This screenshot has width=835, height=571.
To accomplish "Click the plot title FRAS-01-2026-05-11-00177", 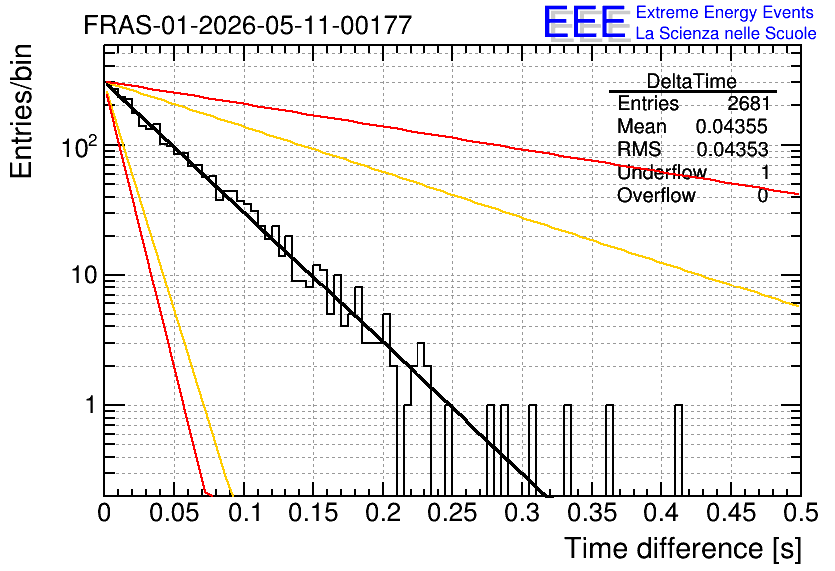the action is [x=248, y=25].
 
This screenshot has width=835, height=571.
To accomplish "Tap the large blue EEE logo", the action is [x=585, y=22].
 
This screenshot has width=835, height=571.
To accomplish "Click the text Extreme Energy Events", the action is [x=725, y=12].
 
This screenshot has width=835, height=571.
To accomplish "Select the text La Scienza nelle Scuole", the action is [x=726, y=33].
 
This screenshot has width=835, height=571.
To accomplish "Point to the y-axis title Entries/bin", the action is [x=21, y=111].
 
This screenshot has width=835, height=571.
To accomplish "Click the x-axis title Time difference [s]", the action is [x=683, y=549].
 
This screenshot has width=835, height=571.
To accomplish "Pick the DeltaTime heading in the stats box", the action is [x=692, y=81].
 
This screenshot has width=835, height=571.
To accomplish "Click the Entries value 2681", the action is [x=749, y=103].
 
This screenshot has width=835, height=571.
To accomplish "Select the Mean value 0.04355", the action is [x=732, y=126].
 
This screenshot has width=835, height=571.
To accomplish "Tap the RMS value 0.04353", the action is [x=732, y=149].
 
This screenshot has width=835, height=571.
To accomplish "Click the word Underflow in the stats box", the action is [x=662, y=172].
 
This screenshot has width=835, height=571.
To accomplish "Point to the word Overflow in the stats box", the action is [x=656, y=196].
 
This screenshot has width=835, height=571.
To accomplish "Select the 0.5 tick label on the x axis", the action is [x=801, y=513].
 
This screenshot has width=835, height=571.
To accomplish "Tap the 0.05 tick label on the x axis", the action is [x=173, y=513].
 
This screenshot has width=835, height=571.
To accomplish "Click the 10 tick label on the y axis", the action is [x=83, y=276].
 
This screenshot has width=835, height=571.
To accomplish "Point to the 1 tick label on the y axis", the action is [x=90, y=405].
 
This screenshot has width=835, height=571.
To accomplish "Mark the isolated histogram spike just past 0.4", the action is [x=678, y=450].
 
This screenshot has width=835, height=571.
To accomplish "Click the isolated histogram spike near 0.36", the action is [x=609, y=450].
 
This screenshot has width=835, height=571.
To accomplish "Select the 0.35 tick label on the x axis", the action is [x=591, y=513].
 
